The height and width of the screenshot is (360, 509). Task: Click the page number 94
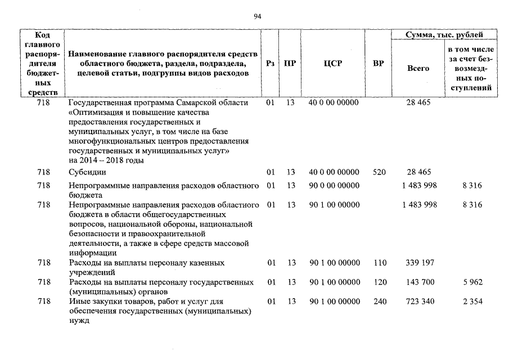pos(258,16)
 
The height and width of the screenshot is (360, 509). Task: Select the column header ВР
pos(379,64)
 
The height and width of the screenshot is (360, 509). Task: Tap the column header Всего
pos(418,68)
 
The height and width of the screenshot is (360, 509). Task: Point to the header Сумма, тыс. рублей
pos(444,35)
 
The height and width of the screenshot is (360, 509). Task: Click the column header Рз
pos(270,64)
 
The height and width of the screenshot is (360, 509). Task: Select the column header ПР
pos(290,64)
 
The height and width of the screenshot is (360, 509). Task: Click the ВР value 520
pos(379,172)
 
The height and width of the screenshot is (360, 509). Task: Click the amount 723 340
pos(420,301)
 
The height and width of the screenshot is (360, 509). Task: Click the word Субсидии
pos(87,172)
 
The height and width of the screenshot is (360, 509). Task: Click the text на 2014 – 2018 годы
pos(106,160)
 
